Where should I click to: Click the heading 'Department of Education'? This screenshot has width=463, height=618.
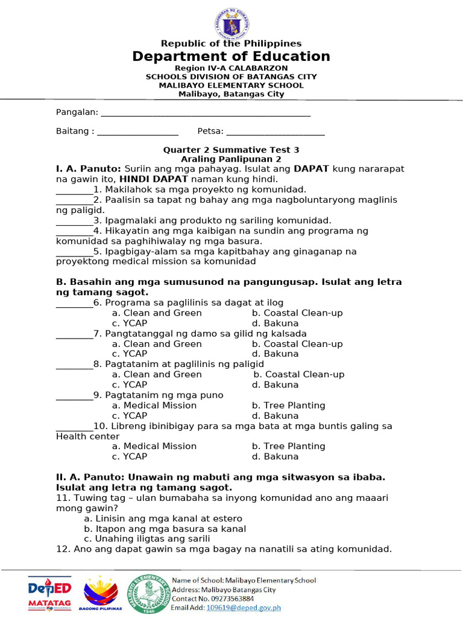pyautogui.click(x=231, y=57)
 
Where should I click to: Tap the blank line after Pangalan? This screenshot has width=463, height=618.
pyautogui.click(x=205, y=113)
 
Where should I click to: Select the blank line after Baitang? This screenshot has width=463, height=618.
pyautogui.click(x=137, y=132)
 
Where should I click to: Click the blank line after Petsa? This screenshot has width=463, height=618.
pyautogui.click(x=276, y=132)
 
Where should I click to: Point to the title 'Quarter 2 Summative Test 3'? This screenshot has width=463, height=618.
pyautogui.click(x=231, y=150)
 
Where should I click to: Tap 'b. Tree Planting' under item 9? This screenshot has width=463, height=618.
pyautogui.click(x=288, y=406)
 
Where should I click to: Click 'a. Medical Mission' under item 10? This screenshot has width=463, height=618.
pyautogui.click(x=154, y=446)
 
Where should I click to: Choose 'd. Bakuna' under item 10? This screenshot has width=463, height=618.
pyautogui.click(x=275, y=457)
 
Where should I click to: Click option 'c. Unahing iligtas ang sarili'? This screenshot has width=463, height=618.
pyautogui.click(x=147, y=539)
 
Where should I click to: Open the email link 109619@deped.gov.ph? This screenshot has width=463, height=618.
pyautogui.click(x=236, y=608)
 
